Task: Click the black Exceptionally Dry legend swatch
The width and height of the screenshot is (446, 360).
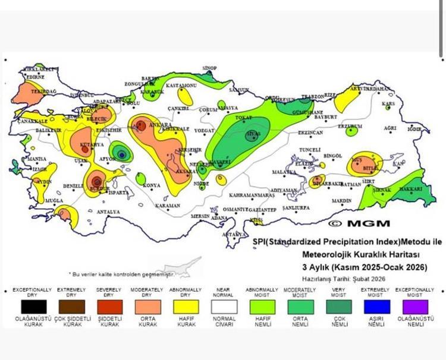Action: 32,306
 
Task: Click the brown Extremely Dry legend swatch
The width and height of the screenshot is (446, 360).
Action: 70,306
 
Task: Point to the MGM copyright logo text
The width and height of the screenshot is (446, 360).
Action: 359,223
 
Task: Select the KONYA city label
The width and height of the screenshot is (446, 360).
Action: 152,185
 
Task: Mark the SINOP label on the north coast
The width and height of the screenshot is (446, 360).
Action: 209,68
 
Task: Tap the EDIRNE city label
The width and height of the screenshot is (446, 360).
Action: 35,77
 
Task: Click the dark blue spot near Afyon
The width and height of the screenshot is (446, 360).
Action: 121,154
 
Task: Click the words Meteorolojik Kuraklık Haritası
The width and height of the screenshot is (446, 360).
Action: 351,254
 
